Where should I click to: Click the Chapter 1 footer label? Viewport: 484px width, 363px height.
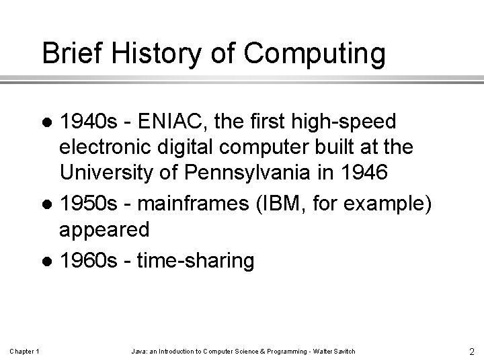(x=25, y=351)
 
